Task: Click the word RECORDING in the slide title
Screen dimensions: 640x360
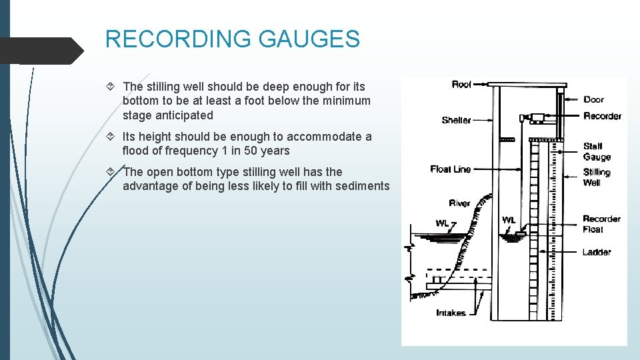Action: coord(178,39)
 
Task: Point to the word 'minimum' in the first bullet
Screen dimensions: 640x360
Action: coord(348,101)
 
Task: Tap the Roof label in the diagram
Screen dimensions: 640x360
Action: coord(461,84)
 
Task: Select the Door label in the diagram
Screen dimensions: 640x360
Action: coord(593,99)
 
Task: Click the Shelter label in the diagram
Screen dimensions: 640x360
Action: coord(456,120)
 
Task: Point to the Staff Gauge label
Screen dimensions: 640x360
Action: coord(596,152)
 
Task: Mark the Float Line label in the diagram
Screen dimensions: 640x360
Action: coord(451,169)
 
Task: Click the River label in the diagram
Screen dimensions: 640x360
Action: coord(459,203)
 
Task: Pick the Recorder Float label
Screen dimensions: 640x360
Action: coord(601,224)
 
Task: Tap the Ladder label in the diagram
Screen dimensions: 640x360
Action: coord(596,252)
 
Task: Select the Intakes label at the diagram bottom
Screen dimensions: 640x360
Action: coord(451,313)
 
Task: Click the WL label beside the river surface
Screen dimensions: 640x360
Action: coord(442,222)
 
